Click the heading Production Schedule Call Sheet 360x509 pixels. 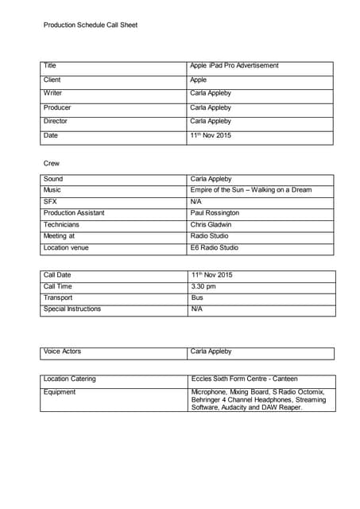(x=91, y=25)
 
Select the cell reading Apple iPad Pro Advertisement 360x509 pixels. (x=234, y=66)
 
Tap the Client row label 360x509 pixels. (x=52, y=80)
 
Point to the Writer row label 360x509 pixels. (x=52, y=94)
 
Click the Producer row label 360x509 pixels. (x=57, y=107)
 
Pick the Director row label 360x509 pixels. (x=56, y=122)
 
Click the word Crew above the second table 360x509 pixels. (x=52, y=164)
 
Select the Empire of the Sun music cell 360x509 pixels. (x=251, y=191)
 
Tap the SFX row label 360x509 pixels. (x=50, y=202)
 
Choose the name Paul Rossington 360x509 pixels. (x=215, y=213)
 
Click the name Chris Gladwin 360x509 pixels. (x=211, y=225)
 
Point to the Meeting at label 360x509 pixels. (x=60, y=236)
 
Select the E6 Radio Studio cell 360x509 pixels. (x=214, y=248)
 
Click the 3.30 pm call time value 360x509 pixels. (x=203, y=286)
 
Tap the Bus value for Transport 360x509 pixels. (x=197, y=297)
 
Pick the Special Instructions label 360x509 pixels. (x=72, y=309)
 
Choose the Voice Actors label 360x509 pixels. (x=62, y=352)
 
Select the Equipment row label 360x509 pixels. (x=60, y=392)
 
